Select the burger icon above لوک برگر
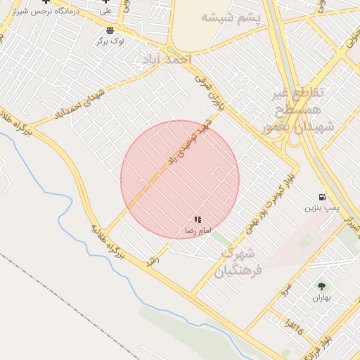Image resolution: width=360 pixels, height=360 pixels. click(110, 30)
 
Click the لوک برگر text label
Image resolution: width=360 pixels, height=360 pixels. click(111, 41)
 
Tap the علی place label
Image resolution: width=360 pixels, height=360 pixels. click(105, 11)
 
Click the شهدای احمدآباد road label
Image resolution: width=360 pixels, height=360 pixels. click(77, 103)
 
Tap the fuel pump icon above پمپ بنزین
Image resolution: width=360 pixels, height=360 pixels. click(322, 197)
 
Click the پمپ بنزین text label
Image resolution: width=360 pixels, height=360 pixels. click(322, 208)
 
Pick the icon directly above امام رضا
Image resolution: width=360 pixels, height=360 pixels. click(198, 220)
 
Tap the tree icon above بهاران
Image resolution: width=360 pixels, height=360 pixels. click(321, 286)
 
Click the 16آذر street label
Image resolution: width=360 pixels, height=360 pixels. click(295, 326)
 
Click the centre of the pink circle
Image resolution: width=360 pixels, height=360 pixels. click(180, 180)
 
